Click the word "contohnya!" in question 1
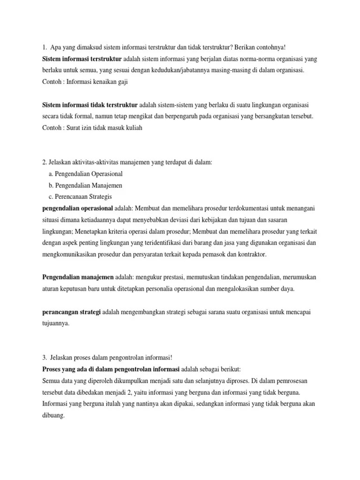(269, 48)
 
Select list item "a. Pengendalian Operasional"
(85, 174)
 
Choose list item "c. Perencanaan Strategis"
(80, 196)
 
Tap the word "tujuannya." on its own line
(56, 323)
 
